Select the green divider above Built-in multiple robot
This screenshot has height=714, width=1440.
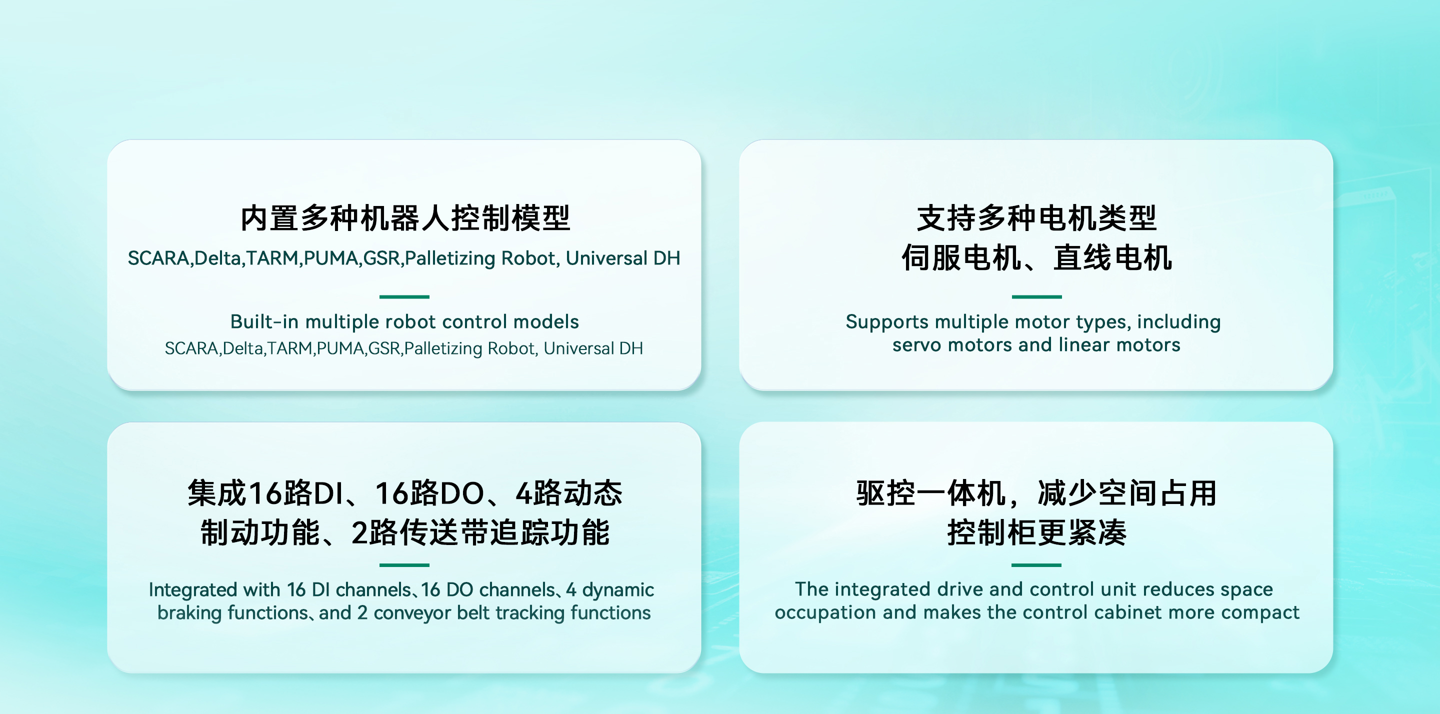[x=404, y=297]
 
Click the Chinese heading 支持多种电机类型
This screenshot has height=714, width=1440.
[x=1036, y=218]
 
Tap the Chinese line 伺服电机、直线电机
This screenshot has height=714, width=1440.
[x=1036, y=258]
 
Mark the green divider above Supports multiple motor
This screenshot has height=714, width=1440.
[x=1036, y=297]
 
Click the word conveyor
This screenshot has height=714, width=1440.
[x=412, y=613]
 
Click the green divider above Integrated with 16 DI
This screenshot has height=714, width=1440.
[x=404, y=565]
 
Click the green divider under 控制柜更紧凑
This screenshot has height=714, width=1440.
[x=1036, y=565]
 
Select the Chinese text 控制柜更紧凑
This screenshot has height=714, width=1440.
[x=1036, y=532]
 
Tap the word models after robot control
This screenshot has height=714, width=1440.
[x=546, y=321]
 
